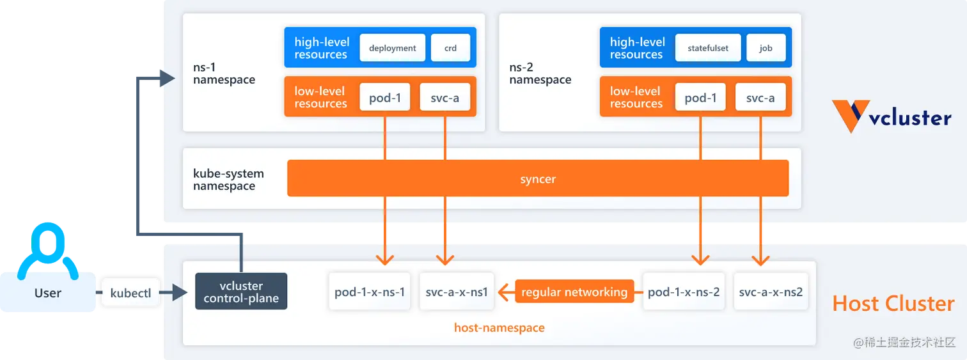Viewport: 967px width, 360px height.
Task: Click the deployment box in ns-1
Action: [x=392, y=48]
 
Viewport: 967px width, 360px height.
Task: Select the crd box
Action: [x=450, y=48]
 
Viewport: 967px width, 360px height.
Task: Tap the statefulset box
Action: [x=708, y=48]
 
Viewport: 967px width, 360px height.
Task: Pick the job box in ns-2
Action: [x=766, y=48]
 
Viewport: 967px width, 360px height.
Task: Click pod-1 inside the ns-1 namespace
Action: [x=385, y=97]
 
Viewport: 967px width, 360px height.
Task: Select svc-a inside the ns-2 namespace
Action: [x=760, y=97]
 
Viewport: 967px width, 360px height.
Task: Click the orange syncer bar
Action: [x=538, y=178]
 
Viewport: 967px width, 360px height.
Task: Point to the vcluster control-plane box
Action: [x=241, y=292]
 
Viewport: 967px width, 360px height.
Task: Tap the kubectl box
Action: [x=130, y=293]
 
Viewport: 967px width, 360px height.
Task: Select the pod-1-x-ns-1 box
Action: [x=370, y=292]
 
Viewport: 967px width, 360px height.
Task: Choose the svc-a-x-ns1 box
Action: [x=457, y=292]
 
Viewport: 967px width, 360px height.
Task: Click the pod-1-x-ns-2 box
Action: [x=684, y=292]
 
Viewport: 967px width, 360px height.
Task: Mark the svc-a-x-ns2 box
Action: [x=771, y=292]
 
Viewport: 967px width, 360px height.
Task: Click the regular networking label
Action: [x=574, y=292]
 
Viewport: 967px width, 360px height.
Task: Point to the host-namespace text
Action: [x=499, y=328]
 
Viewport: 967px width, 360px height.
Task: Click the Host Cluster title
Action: [x=893, y=303]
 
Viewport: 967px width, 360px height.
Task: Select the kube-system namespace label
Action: [x=228, y=180]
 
